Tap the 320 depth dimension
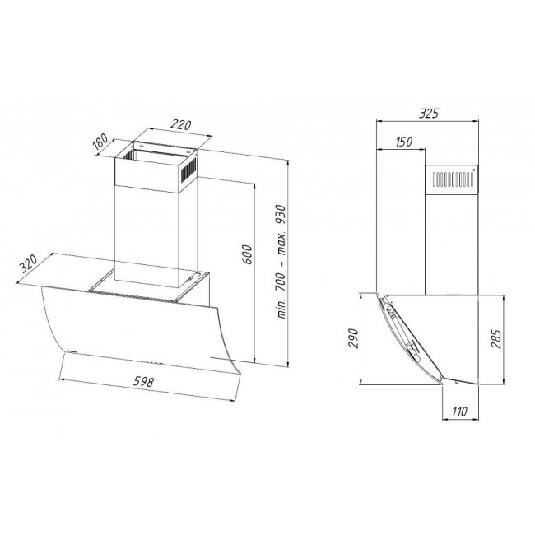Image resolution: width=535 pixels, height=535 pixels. (29, 264)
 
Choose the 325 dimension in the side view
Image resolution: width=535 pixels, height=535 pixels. (427, 114)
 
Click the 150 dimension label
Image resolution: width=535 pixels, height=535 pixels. (403, 142)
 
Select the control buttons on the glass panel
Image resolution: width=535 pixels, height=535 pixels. (151, 360)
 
